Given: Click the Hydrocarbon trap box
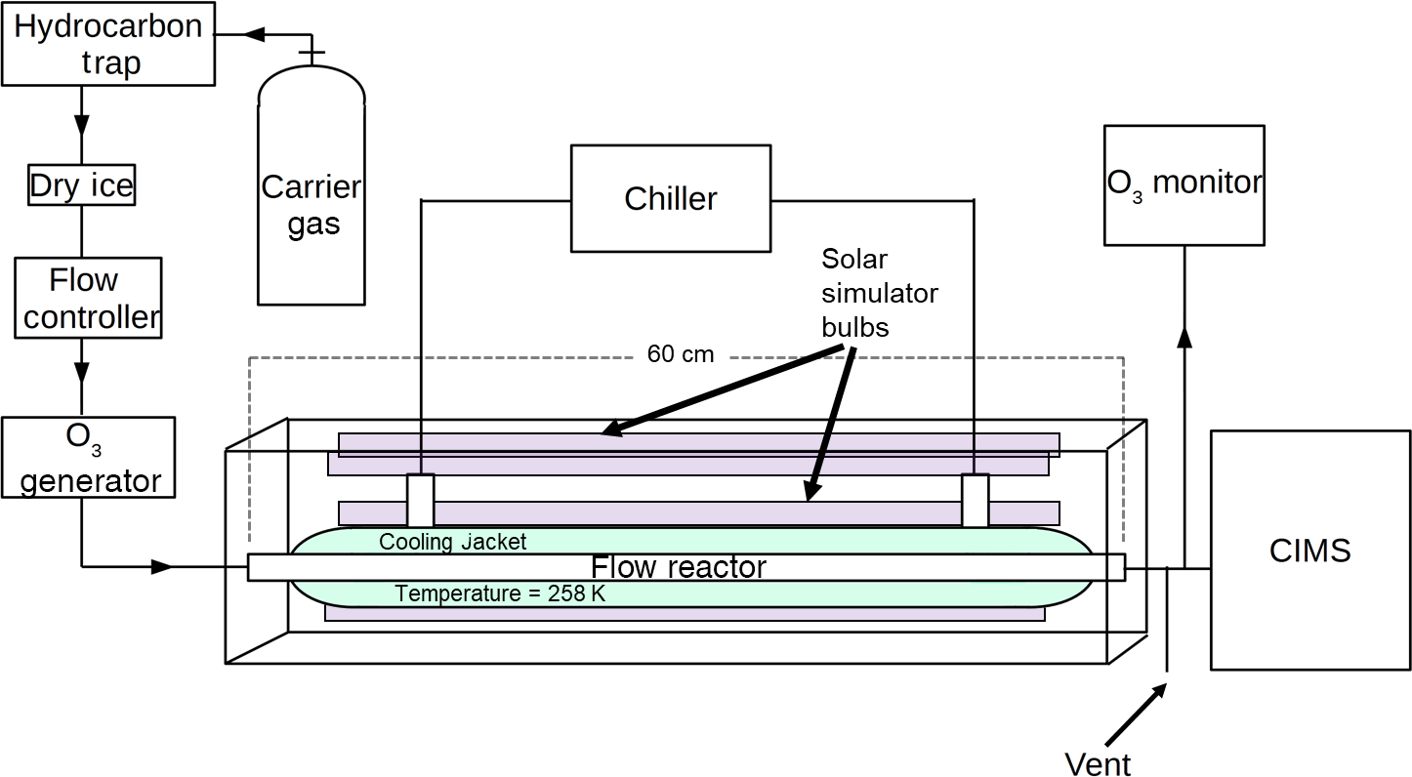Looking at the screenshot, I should pyautogui.click(x=108, y=45).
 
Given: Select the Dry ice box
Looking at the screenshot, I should pyautogui.click(x=81, y=185).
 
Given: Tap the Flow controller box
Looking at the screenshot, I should pyautogui.click(x=89, y=298).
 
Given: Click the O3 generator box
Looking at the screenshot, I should pyautogui.click(x=89, y=457).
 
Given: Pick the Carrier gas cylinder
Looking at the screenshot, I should pyautogui.click(x=311, y=195).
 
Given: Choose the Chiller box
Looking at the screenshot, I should pyautogui.click(x=670, y=198).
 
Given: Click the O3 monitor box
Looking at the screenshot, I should pyautogui.click(x=1184, y=184).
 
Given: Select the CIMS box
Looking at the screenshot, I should pyautogui.click(x=1309, y=550).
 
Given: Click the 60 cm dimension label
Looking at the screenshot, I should pyautogui.click(x=680, y=354).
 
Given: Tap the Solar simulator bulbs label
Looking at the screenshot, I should pyautogui.click(x=879, y=293).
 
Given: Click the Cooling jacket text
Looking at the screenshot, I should pyautogui.click(x=452, y=542).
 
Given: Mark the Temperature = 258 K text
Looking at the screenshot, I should pyautogui.click(x=500, y=593).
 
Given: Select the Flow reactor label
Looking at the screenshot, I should pyautogui.click(x=679, y=567).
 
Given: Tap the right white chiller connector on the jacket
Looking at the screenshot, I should pyautogui.click(x=975, y=500).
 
